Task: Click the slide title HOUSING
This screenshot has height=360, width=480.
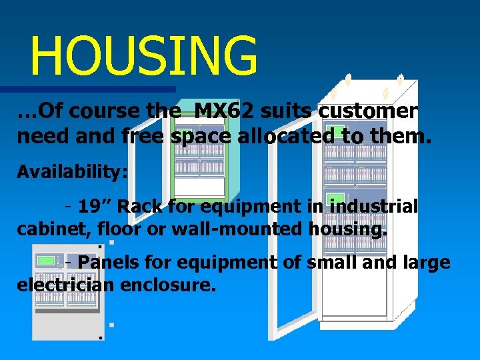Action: [143, 56]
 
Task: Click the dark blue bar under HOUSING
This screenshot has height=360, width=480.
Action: [87, 89]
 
